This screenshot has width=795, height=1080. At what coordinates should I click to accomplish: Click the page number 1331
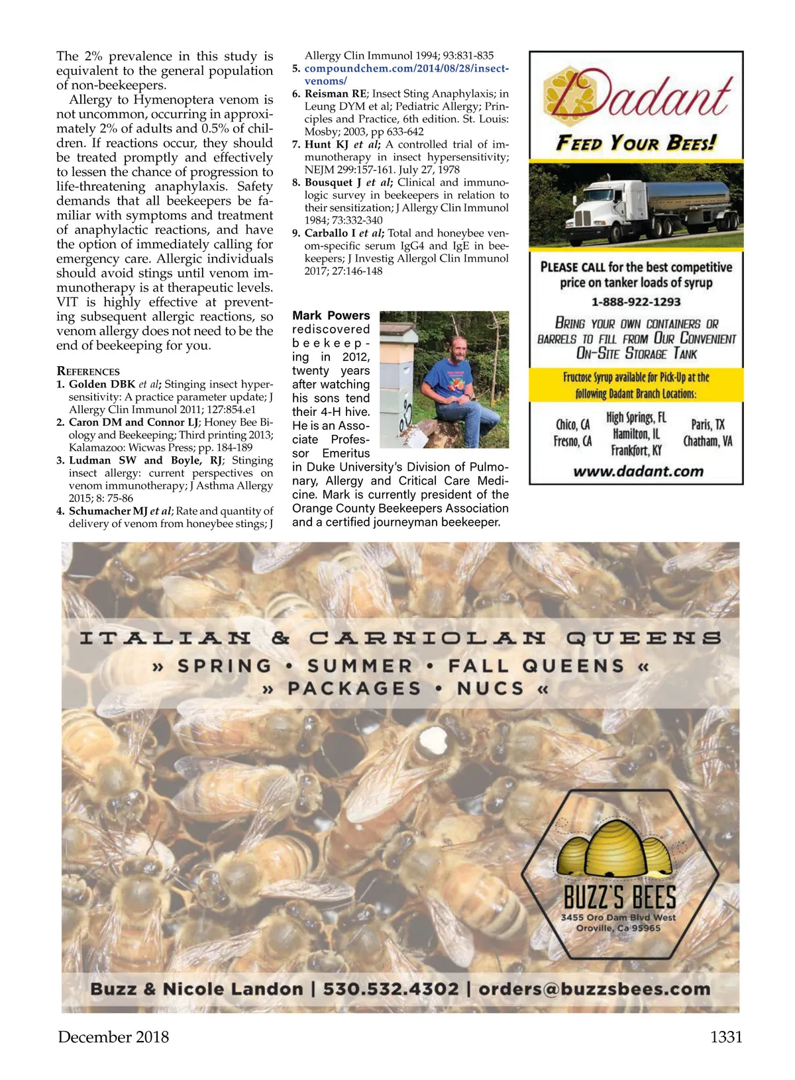pyautogui.click(x=726, y=1037)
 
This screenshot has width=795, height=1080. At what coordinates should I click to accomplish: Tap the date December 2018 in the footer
pyautogui.click(x=113, y=1037)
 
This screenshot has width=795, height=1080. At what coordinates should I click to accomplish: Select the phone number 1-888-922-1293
pyautogui.click(x=636, y=302)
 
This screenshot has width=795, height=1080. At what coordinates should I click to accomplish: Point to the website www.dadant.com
pyautogui.click(x=638, y=471)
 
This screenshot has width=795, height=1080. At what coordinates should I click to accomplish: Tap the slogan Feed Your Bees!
pyautogui.click(x=636, y=143)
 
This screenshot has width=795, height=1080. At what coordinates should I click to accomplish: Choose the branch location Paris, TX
pyautogui.click(x=708, y=424)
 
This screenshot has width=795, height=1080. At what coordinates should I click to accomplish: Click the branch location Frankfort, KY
pyautogui.click(x=636, y=450)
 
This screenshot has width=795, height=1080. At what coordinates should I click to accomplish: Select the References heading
pyautogui.click(x=88, y=371)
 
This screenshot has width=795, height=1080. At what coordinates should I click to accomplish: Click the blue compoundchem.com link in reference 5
pyautogui.click(x=406, y=69)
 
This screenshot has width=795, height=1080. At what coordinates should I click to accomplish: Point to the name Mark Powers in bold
pyautogui.click(x=331, y=315)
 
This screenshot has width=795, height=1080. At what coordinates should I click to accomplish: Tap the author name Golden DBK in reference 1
pyautogui.click(x=102, y=384)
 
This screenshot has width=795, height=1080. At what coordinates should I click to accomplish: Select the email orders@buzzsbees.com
pyautogui.click(x=594, y=989)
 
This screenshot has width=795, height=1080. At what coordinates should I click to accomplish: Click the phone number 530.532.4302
pyautogui.click(x=390, y=989)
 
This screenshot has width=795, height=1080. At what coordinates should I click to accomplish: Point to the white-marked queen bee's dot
pyautogui.click(x=434, y=736)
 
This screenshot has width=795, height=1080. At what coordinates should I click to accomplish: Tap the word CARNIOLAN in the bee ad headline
pyautogui.click(x=427, y=638)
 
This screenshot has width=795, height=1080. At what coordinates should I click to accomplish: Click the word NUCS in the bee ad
pyautogui.click(x=490, y=689)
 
